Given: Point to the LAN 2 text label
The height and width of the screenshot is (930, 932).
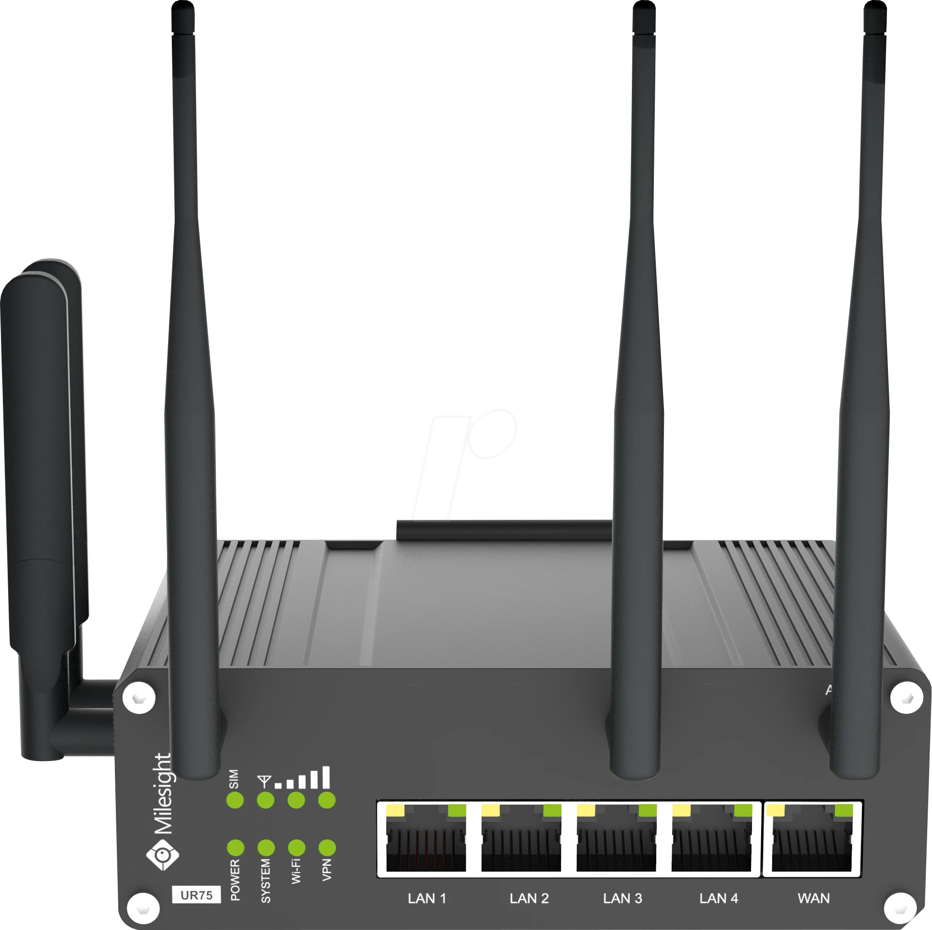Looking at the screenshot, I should pyautogui.click(x=529, y=898).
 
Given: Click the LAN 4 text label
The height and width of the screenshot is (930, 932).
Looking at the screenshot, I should pyautogui.click(x=719, y=898).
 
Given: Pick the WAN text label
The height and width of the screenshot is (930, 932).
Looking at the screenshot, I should pyautogui.click(x=814, y=898).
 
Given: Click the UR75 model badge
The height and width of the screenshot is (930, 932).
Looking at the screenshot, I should pyautogui.click(x=196, y=895).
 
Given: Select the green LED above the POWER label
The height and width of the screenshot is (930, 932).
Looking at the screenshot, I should pyautogui.click(x=236, y=847).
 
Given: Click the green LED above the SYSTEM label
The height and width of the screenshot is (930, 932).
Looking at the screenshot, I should pyautogui.click(x=266, y=847).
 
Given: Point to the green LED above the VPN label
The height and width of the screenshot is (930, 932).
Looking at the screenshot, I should pyautogui.click(x=327, y=847).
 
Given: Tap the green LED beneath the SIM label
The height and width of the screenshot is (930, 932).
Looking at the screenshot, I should pyautogui.click(x=235, y=800).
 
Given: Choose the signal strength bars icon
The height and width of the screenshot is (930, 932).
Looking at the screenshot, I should pyautogui.click(x=303, y=778).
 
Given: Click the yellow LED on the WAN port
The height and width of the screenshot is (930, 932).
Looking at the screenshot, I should pyautogui.click(x=775, y=810).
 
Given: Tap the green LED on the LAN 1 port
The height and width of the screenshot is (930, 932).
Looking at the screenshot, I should pyautogui.click(x=457, y=810).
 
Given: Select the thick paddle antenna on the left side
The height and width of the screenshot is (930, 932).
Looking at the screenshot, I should pyautogui.click(x=41, y=434).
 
